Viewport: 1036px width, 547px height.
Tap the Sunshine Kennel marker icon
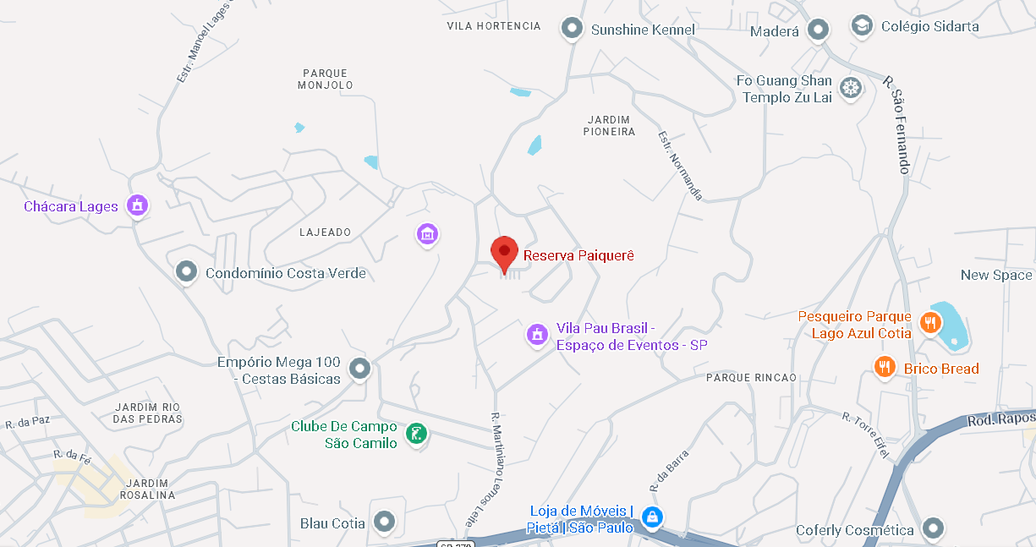coord(573,30)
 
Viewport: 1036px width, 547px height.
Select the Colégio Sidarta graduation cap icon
coord(862,26)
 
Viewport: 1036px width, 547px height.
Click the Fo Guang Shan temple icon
coord(851,88)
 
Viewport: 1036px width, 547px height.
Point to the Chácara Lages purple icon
coord(137,205)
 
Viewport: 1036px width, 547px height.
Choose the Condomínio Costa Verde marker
coord(186,272)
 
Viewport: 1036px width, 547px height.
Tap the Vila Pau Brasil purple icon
coord(537,335)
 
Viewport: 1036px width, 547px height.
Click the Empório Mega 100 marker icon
coord(360,369)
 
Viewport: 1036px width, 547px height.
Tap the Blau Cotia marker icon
coord(385,522)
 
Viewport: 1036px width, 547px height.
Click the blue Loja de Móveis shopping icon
coord(651,517)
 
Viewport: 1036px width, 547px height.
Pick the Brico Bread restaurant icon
coord(885,368)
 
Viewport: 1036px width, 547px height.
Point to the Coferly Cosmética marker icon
coord(933,529)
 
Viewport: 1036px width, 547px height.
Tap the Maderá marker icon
coord(818,31)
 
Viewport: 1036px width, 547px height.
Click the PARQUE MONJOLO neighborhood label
coord(326,79)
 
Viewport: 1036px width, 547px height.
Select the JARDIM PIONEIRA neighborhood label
coord(609,125)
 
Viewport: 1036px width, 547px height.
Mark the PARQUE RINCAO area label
coord(751,378)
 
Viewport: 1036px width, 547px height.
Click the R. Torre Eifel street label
coord(867,435)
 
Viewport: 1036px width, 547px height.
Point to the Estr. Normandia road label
coord(681,164)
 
